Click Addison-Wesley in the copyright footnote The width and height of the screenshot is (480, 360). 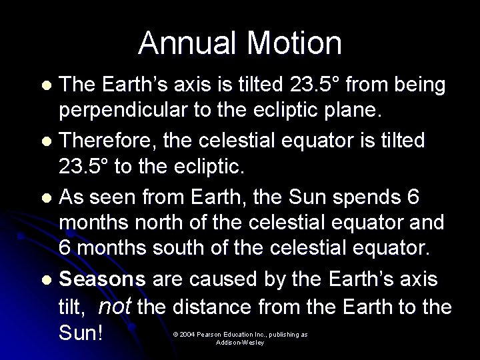[x=241, y=342]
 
